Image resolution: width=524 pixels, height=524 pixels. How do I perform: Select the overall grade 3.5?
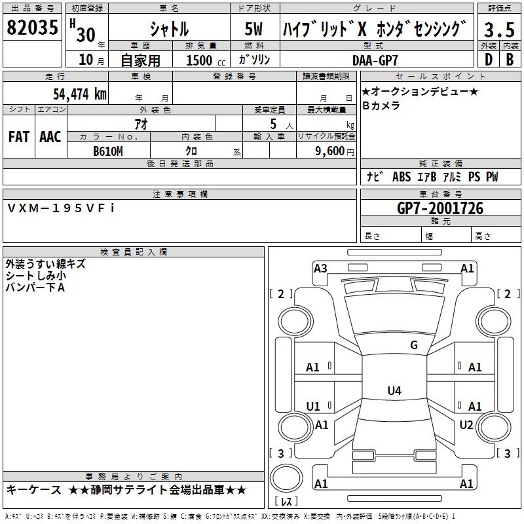tap(499, 29)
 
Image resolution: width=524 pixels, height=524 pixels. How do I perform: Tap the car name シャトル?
tap(169, 29)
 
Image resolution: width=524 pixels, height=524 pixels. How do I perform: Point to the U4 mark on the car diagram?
tap(394, 391)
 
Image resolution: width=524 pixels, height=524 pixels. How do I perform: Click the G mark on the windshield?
tap(413, 345)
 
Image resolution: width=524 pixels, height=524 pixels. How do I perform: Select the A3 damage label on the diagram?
tap(320, 268)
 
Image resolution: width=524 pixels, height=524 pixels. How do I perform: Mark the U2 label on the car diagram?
tap(466, 424)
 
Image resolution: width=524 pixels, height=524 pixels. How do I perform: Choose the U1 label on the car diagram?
tap(313, 406)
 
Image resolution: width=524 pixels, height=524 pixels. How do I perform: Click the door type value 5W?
tap(254, 29)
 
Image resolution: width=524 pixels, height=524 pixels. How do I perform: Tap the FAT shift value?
tap(18, 137)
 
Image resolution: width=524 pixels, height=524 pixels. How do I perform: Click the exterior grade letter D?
tap(488, 60)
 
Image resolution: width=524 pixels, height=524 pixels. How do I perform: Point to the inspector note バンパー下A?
tap(35, 288)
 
